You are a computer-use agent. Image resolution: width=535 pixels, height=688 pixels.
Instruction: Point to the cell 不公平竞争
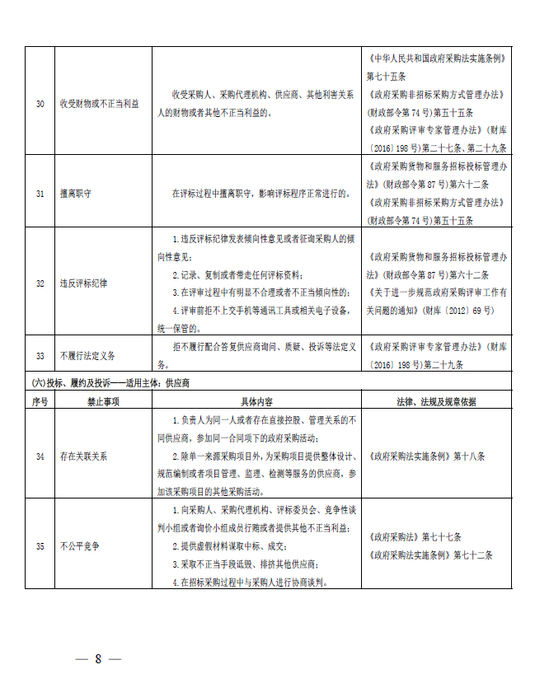80,545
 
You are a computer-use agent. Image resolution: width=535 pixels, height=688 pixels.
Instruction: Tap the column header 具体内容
256,401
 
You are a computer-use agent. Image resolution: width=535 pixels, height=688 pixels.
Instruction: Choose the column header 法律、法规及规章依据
436,401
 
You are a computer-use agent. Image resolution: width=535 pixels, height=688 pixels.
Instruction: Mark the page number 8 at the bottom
97,658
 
